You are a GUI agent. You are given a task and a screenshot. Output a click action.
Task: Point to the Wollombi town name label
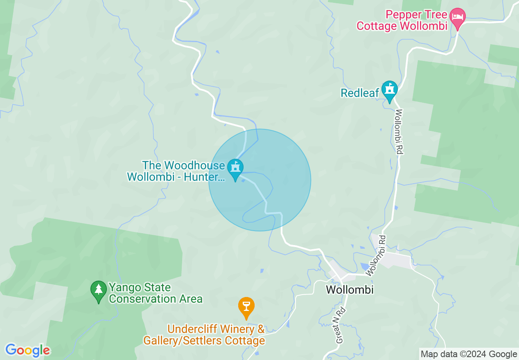[x=350, y=290]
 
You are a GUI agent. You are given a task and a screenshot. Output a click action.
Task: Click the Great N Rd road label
[x=341, y=325]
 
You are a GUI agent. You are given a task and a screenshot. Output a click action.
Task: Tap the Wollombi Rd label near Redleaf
[x=399, y=132]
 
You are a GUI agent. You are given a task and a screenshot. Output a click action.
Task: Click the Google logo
[x=28, y=350]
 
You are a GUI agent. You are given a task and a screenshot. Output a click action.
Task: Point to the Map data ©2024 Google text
[x=469, y=354]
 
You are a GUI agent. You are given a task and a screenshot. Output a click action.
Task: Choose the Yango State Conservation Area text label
[x=156, y=293]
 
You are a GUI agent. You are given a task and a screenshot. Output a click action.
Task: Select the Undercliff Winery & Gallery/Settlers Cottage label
[x=204, y=335]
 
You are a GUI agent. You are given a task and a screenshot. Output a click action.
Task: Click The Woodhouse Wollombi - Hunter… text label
[x=176, y=171]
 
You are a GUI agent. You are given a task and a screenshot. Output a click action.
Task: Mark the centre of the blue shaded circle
[x=260, y=180]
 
